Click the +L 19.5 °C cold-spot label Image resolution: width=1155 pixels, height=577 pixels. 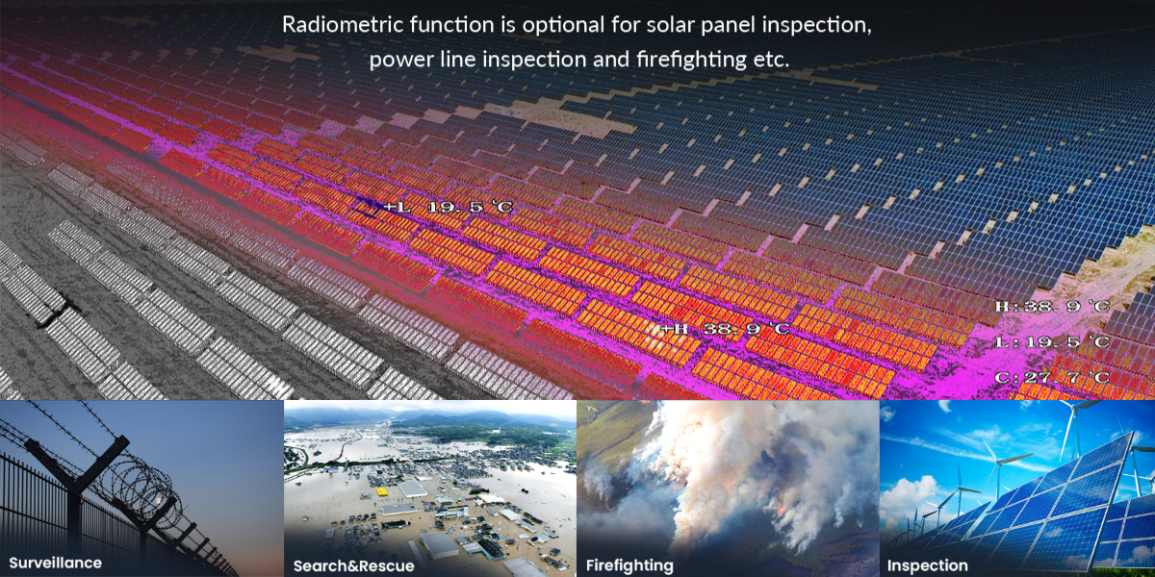[449, 207]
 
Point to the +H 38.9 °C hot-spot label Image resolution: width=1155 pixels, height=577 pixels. [725, 328]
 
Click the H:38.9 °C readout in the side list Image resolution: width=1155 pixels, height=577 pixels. [1052, 307]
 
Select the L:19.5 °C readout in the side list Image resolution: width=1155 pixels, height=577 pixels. [1052, 341]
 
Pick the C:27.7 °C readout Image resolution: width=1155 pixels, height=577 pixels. [1052, 377]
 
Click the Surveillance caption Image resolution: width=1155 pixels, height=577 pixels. [55, 563]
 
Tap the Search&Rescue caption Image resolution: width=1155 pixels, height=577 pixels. [354, 565]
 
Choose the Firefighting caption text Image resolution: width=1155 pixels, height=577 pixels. [629, 565]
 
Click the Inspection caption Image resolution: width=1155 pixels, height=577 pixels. [927, 565]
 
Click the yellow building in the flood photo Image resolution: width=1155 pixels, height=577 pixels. [382, 491]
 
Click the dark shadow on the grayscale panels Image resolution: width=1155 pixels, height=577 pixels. [57, 312]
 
